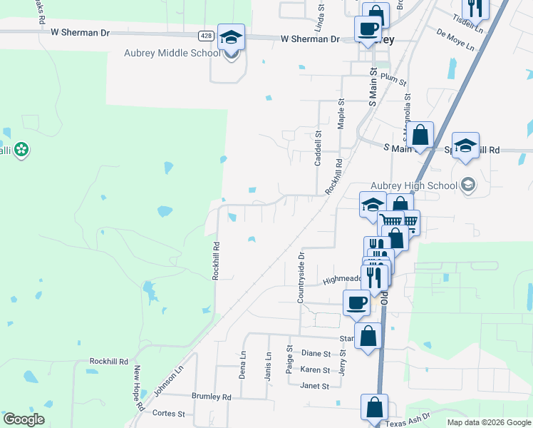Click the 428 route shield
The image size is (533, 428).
tap(206, 36)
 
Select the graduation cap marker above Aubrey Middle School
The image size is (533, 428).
tap(231, 36)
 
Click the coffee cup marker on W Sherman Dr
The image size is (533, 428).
tap(368, 29)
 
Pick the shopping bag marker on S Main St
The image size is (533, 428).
tap(420, 134)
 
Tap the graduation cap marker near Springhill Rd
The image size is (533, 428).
tap(465, 146)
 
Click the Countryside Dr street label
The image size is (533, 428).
tap(301, 276)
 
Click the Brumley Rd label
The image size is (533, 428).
tap(212, 396)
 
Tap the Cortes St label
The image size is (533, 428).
tap(169, 413)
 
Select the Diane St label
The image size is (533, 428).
tap(316, 353)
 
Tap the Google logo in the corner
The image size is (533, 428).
tap(24, 419)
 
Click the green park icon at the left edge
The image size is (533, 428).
tap(22, 149)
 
